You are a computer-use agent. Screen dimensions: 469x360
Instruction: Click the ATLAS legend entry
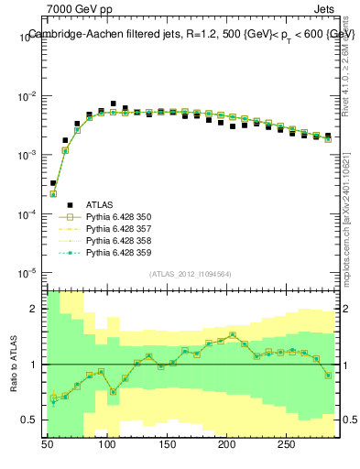click(x=100, y=204)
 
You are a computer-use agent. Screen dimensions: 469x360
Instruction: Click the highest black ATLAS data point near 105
click(x=113, y=104)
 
